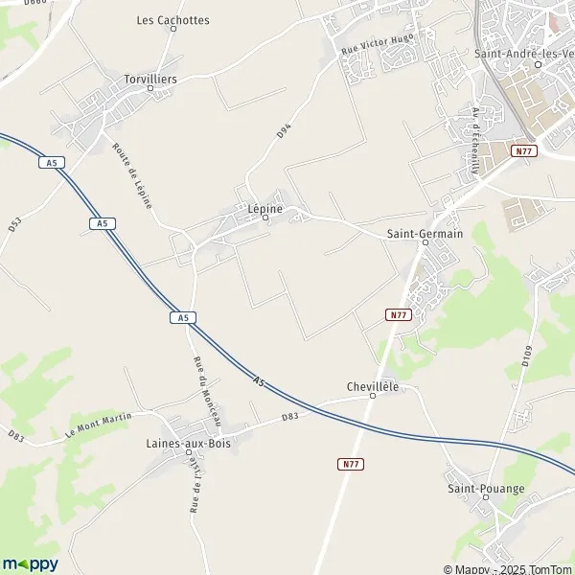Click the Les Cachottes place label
point(172,19)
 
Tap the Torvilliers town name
point(150,79)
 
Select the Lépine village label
point(266,206)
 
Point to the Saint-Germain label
point(425,233)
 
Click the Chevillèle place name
point(373,386)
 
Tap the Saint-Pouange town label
point(487,488)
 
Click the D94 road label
point(284,131)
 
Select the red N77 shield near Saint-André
point(522,150)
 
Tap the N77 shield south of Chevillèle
point(351,464)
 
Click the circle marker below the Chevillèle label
point(373,396)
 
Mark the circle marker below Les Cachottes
point(173,30)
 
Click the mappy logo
point(30,563)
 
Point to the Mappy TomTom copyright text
point(507,568)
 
